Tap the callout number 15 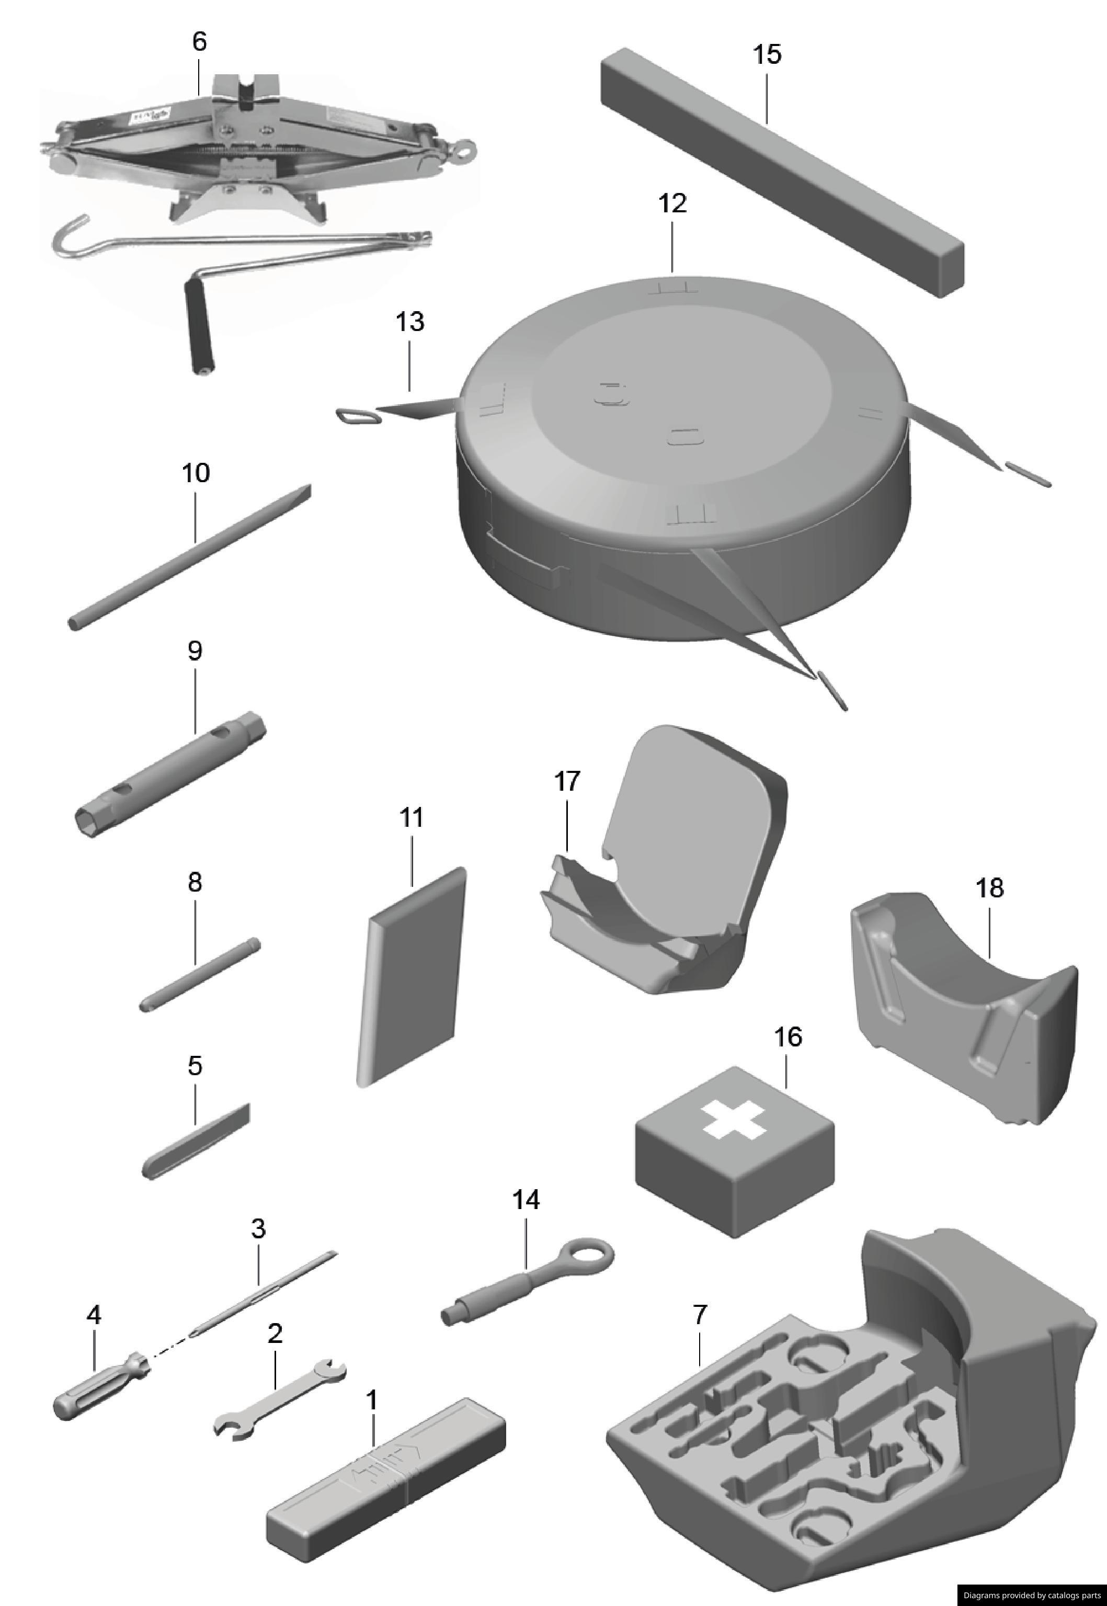(767, 54)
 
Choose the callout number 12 (672, 203)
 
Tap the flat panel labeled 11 (412, 975)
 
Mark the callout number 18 (989, 887)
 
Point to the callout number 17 (567, 781)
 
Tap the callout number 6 (199, 42)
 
